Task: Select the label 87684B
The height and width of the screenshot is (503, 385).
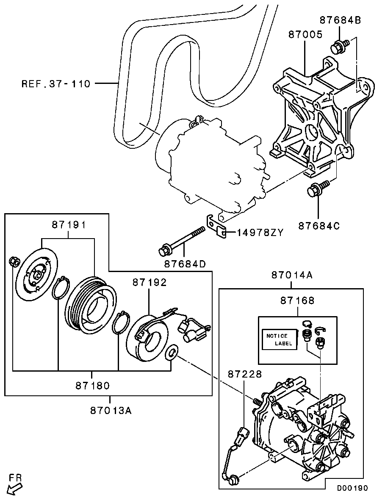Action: [340, 20]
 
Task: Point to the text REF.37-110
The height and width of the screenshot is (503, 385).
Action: [56, 84]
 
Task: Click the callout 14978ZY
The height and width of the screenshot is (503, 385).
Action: [260, 232]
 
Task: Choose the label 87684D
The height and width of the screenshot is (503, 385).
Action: [185, 264]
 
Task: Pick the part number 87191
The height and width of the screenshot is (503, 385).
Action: [69, 225]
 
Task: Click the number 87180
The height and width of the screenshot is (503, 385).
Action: [93, 386]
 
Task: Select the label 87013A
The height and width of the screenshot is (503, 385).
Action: [111, 410]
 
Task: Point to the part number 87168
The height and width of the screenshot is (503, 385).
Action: [297, 300]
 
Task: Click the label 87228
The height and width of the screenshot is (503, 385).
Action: [245, 374]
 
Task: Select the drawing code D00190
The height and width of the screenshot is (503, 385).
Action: [352, 488]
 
